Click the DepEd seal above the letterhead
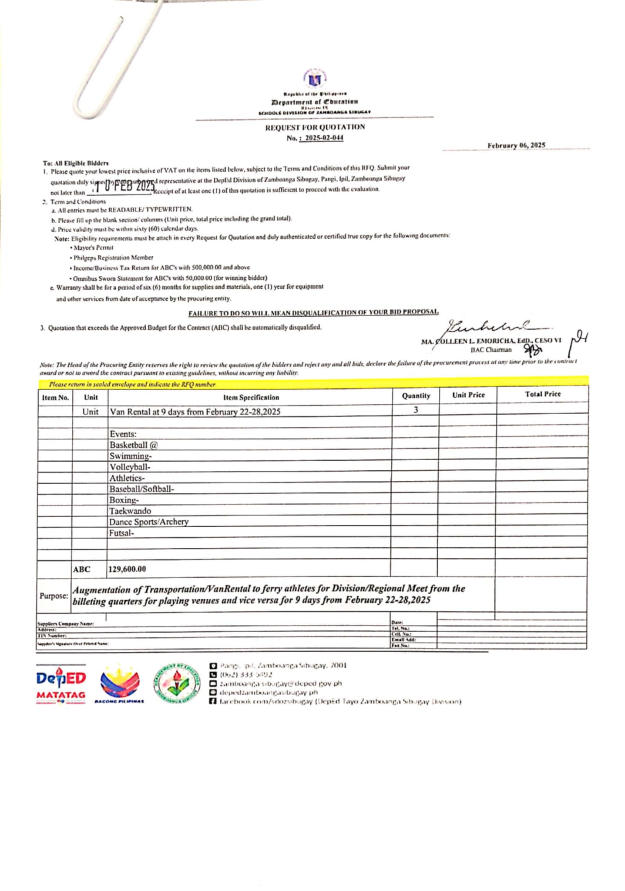[315, 80]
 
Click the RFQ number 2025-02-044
[324, 138]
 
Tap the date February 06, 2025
[516, 145]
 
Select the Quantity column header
[416, 395]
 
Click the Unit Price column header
[468, 395]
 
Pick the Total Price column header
[542, 394]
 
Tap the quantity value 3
[416, 410]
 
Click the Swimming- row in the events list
[131, 456]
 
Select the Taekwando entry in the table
[130, 511]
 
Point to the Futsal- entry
[121, 533]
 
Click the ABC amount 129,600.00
[127, 569]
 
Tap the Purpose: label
[54, 596]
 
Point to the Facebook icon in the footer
[213, 701]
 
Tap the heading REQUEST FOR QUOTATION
[315, 127]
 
